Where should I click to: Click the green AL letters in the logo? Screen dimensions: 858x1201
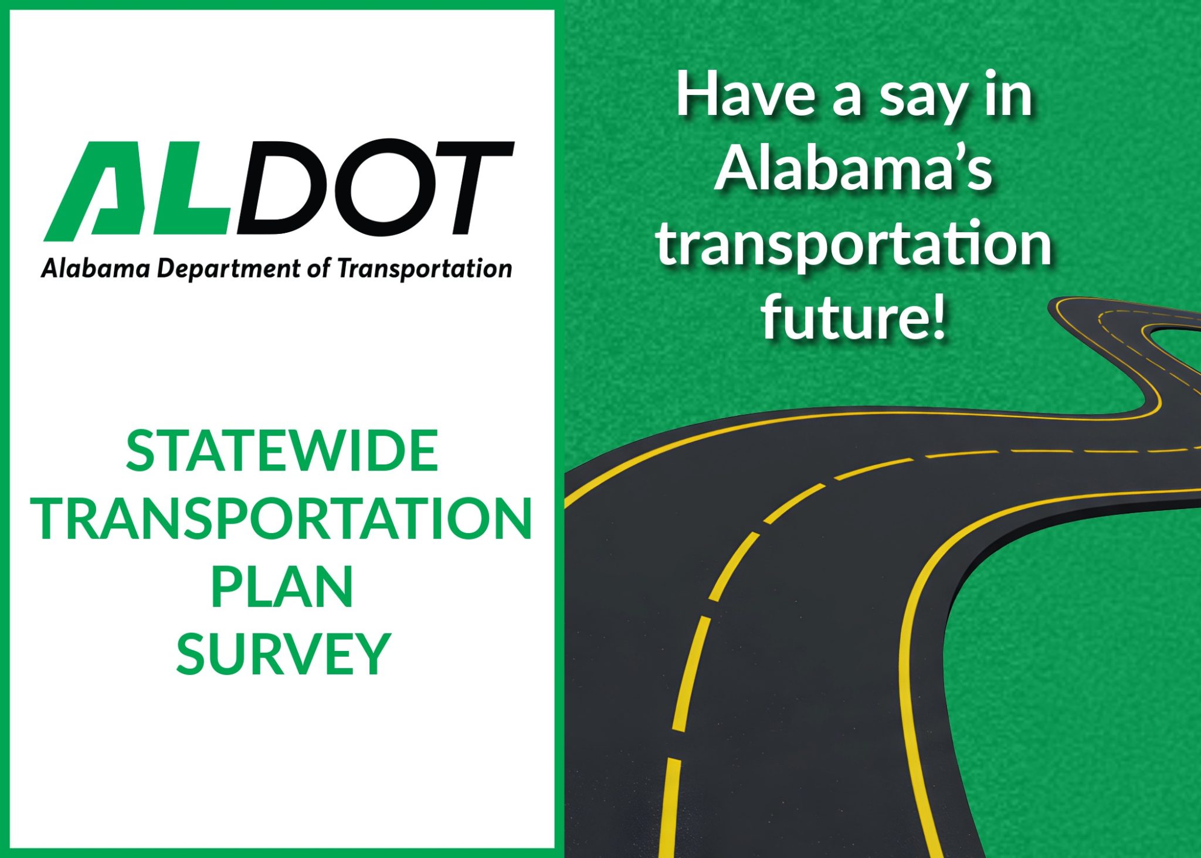(x=141, y=191)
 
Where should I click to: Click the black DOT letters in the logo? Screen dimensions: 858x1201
(x=375, y=188)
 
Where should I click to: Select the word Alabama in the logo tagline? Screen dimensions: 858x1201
(x=96, y=269)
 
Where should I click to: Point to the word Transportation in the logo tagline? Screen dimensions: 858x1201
(x=425, y=269)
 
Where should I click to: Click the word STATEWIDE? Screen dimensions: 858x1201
(x=282, y=451)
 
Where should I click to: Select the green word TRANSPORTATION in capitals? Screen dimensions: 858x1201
(x=284, y=519)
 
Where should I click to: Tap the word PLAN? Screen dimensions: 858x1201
(x=282, y=586)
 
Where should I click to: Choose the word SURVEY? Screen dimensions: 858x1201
(x=283, y=654)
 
